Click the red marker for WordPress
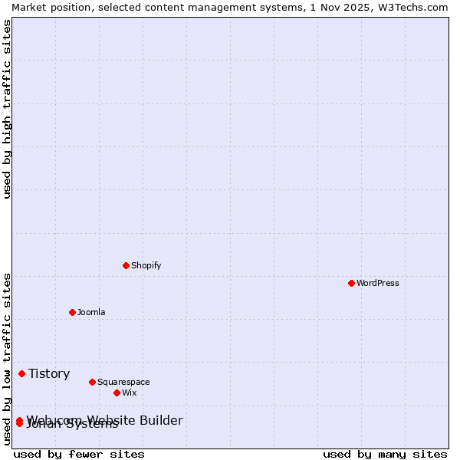tap(351, 283)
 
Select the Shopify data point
tap(126, 265)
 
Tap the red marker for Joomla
tap(72, 312)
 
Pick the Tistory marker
tap(21, 373)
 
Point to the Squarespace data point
tap(92, 382)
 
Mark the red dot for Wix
tap(117, 393)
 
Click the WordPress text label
tap(378, 283)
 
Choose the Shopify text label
tap(146, 265)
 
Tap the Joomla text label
tap(91, 312)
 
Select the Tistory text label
tap(49, 373)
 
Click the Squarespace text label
tap(123, 382)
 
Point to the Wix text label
tap(130, 393)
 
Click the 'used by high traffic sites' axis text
tap(8, 109)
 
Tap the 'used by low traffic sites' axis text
tap(8, 359)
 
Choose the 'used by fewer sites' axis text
tap(79, 454)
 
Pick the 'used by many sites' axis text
tap(385, 454)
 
